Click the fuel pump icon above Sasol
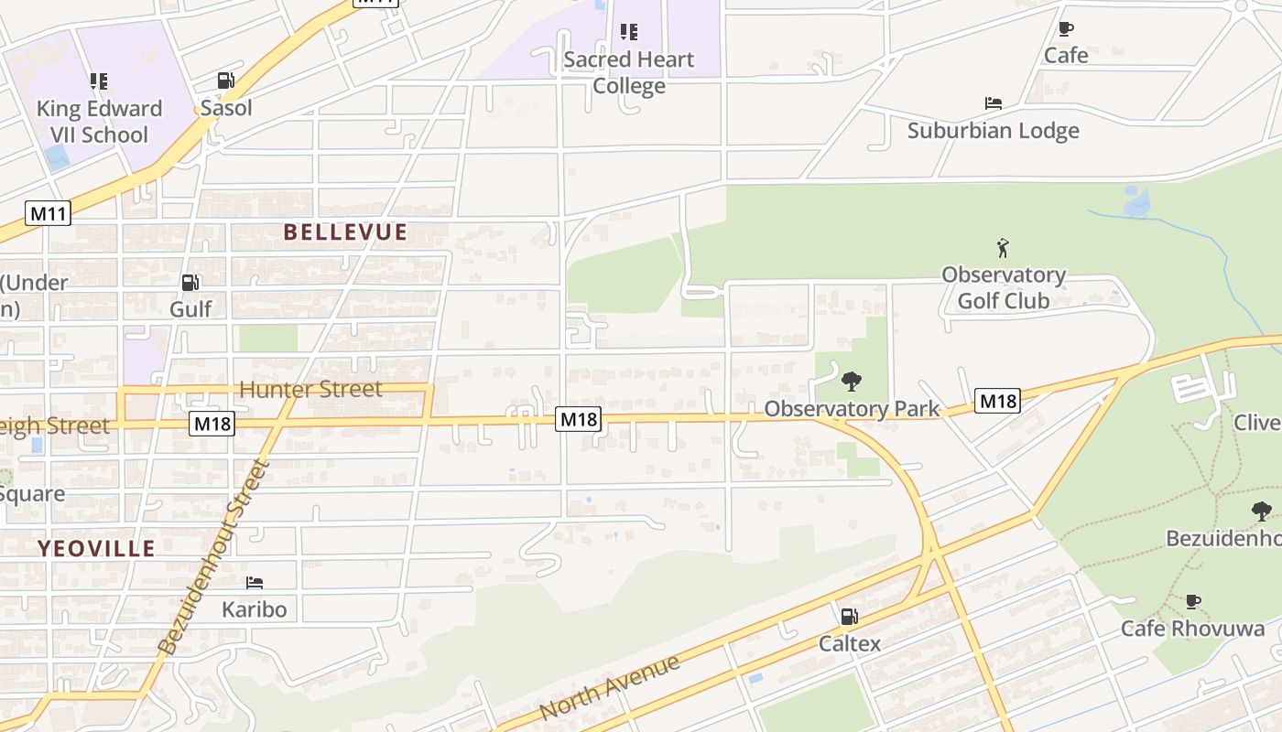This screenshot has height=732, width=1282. coord(225,81)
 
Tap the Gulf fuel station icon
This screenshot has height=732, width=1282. coord(190,283)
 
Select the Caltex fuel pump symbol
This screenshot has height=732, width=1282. coord(850,617)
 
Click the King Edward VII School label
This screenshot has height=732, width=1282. coord(98,122)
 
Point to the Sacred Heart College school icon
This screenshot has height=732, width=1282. coord(628,33)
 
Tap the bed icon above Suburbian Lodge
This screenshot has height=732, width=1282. coord(993,103)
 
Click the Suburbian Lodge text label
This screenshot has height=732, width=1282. coord(993,131)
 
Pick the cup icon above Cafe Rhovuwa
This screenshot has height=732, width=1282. coord(1192,601)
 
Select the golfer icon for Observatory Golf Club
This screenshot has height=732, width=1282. coord(1003,248)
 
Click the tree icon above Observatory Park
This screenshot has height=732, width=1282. coord(852,382)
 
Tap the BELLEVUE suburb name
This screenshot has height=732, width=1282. coord(345,232)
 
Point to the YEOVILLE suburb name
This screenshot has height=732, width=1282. coord(96,549)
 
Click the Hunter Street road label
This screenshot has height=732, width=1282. coord(310,390)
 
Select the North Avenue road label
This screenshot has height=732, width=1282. coord(610,687)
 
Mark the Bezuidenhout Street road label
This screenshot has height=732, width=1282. coord(213,557)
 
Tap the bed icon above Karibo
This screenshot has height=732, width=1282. coord(255,582)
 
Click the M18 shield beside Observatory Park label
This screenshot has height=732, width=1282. coord(997,401)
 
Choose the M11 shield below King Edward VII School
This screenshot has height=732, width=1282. coord(48,214)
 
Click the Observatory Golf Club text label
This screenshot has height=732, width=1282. coord(1003,287)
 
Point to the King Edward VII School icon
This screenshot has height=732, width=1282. coord(99,81)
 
